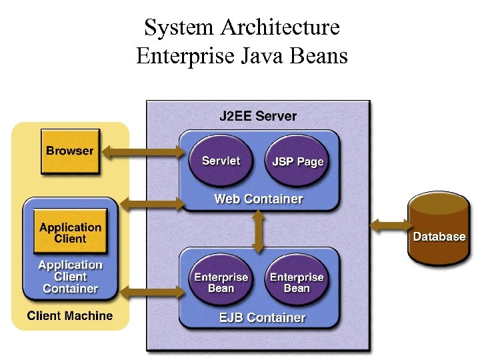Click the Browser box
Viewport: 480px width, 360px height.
click(69, 151)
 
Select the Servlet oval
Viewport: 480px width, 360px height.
click(221, 161)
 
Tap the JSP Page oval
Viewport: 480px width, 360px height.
click(297, 161)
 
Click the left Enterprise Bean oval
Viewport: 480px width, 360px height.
click(221, 283)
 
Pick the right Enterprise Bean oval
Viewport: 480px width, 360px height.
click(297, 283)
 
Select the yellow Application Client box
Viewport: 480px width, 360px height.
click(70, 233)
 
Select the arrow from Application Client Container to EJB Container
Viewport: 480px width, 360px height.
click(150, 291)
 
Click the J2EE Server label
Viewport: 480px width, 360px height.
click(258, 116)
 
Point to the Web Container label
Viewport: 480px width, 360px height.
click(258, 199)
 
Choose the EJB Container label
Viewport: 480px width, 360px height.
click(262, 318)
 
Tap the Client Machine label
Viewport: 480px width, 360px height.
click(70, 316)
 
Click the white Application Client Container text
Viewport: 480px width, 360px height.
click(70, 277)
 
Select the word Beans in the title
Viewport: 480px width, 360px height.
click(320, 55)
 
